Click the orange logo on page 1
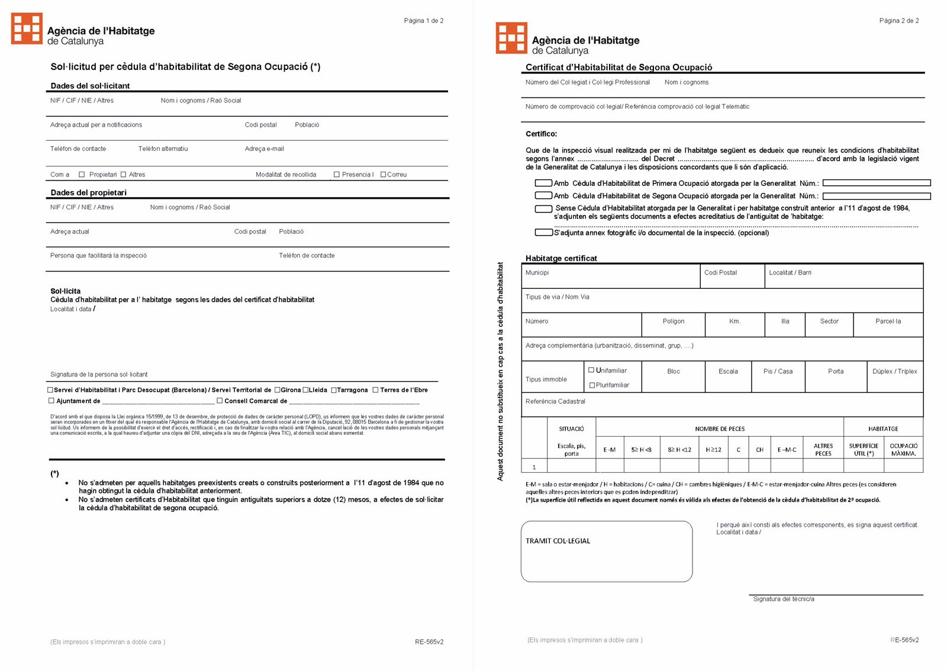pyautogui.click(x=27, y=29)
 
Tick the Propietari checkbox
pyautogui.click(x=82, y=175)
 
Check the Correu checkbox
pyautogui.click(x=383, y=175)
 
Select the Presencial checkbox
pyautogui.click(x=337, y=175)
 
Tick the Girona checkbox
pyautogui.click(x=277, y=390)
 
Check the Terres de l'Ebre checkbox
pyautogui.click(x=375, y=390)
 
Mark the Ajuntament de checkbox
pyautogui.click(x=51, y=401)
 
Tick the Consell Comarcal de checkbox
pyautogui.click(x=220, y=401)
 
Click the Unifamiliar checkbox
pyautogui.click(x=591, y=370)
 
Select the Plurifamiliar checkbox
pyautogui.click(x=592, y=385)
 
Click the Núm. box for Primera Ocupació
pyautogui.click(x=876, y=183)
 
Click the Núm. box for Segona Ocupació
pyautogui.click(x=876, y=196)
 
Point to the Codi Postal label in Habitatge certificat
pyautogui.click(x=720, y=273)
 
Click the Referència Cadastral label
pyautogui.click(x=555, y=401)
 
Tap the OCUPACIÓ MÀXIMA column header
pyautogui.click(x=903, y=450)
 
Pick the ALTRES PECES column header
pyautogui.click(x=823, y=450)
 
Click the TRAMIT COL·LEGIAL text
pyautogui.click(x=558, y=541)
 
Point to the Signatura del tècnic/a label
pyautogui.click(x=783, y=599)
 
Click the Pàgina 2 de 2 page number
pyautogui.click(x=898, y=21)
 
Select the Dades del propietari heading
pyautogui.click(x=89, y=192)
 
